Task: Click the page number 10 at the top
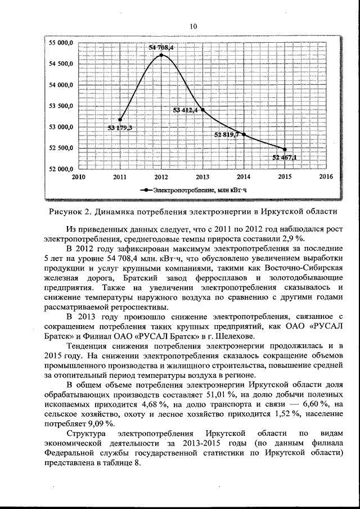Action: click(x=193, y=26)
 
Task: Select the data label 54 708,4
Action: click(x=161, y=48)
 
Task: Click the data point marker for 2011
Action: click(x=120, y=119)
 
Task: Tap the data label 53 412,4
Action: click(x=185, y=110)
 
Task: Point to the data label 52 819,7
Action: click(x=226, y=134)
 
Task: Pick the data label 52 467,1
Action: click(x=285, y=157)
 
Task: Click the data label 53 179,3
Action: click(x=119, y=128)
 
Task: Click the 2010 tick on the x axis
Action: click(x=78, y=177)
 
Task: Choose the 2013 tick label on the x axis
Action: click(x=202, y=177)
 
